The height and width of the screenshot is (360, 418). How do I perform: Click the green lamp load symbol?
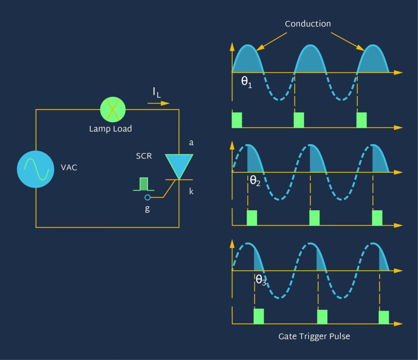click(x=113, y=109)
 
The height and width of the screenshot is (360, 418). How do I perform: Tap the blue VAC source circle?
click(x=36, y=169)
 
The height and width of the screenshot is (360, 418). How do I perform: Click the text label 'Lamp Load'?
click(x=111, y=129)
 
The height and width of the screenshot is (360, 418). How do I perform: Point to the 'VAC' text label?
click(x=69, y=168)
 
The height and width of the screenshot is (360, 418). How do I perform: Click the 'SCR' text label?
click(x=144, y=157)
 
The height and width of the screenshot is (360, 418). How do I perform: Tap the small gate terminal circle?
click(x=148, y=198)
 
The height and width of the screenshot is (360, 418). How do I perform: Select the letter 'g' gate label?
click(x=147, y=208)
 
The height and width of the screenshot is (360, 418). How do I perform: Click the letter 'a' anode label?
click(x=191, y=143)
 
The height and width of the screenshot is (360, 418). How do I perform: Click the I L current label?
click(x=157, y=93)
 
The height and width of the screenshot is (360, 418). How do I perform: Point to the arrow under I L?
click(x=158, y=103)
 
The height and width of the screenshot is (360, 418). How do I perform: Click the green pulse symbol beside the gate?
click(x=144, y=184)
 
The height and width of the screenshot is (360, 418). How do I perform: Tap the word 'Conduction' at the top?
click(x=308, y=24)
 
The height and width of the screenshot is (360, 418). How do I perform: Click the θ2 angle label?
click(x=255, y=181)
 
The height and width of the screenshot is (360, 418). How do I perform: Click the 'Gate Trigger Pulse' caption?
click(x=314, y=337)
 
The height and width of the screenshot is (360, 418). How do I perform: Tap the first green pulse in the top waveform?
click(x=237, y=120)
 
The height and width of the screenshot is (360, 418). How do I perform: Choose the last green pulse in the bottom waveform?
click(x=384, y=318)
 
